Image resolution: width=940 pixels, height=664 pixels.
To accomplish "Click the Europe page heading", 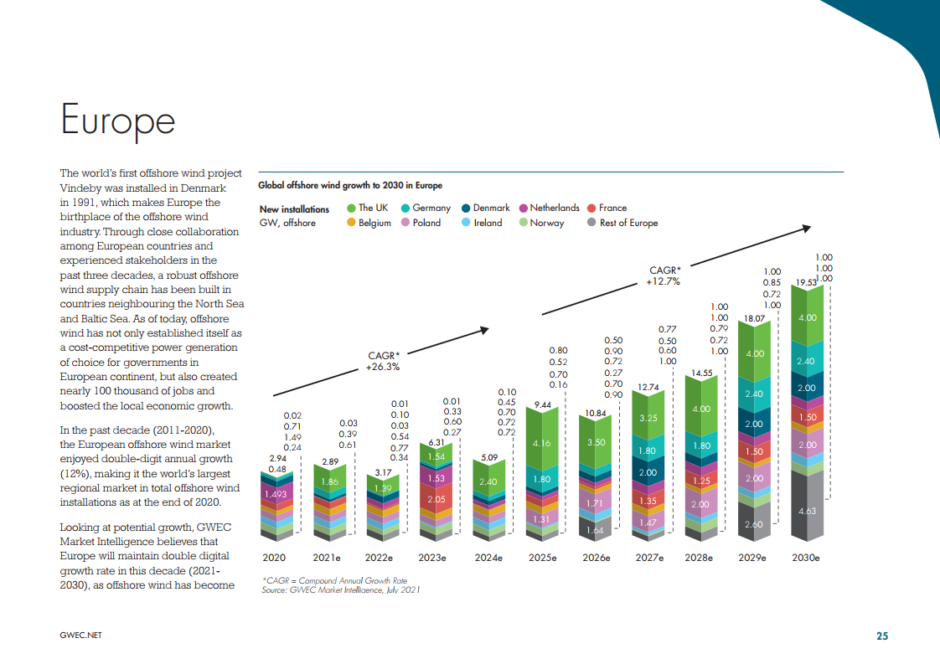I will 118,120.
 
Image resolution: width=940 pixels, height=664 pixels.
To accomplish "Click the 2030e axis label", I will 805,557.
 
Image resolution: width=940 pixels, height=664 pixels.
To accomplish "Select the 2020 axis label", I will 274,557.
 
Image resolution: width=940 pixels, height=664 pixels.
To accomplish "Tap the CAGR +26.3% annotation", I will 384,361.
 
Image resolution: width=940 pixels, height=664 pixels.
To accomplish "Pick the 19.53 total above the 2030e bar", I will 805,283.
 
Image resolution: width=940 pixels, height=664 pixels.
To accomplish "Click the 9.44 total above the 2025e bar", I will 541,405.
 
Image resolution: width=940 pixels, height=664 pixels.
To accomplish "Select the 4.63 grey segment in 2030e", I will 806,510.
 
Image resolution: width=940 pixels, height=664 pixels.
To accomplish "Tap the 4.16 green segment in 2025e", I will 541,443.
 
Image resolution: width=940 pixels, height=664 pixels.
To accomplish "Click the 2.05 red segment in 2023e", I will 436,499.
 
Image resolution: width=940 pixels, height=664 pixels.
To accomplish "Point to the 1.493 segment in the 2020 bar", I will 276,495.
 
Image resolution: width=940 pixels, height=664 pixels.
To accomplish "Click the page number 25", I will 882,636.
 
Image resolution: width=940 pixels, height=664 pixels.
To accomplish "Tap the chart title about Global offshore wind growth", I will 349,185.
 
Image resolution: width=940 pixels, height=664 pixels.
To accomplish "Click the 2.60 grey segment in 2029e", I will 753,524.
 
